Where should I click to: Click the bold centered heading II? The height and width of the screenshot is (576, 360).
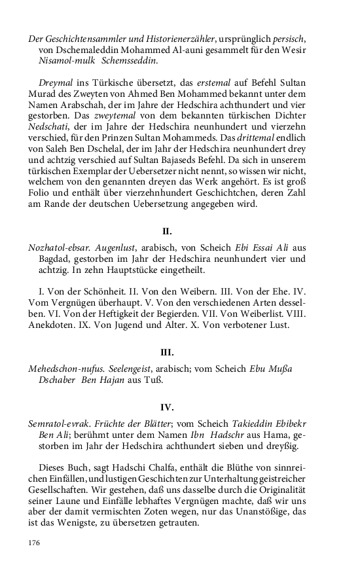point(167,231)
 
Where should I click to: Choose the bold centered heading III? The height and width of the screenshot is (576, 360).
point(167,352)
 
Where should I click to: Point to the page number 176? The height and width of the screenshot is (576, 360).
point(35,543)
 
